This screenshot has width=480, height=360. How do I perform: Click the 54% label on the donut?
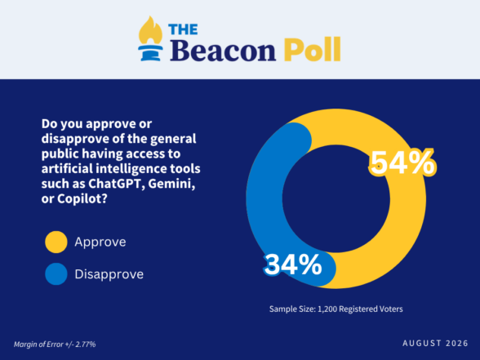tap(403, 163)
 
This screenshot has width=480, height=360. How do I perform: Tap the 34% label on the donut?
tap(293, 264)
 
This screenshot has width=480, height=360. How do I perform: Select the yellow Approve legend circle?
tap(56, 242)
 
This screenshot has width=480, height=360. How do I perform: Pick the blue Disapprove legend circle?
tap(56, 274)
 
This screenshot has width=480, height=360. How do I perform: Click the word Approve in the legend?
tap(100, 242)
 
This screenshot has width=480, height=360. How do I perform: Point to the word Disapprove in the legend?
tap(109, 274)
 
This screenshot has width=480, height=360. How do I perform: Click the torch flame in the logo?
tap(150, 30)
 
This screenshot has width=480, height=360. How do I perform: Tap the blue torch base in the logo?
tap(150, 53)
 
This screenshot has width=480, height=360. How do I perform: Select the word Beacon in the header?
tap(223, 49)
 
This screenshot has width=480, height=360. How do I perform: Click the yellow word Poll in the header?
tap(312, 49)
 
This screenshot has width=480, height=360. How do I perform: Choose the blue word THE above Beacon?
tap(183, 29)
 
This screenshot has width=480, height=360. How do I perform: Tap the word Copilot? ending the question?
tap(82, 199)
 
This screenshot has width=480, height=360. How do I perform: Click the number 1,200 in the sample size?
tap(327, 309)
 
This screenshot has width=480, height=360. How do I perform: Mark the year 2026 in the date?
tap(457, 343)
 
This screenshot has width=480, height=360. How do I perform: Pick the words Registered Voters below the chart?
tap(371, 309)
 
